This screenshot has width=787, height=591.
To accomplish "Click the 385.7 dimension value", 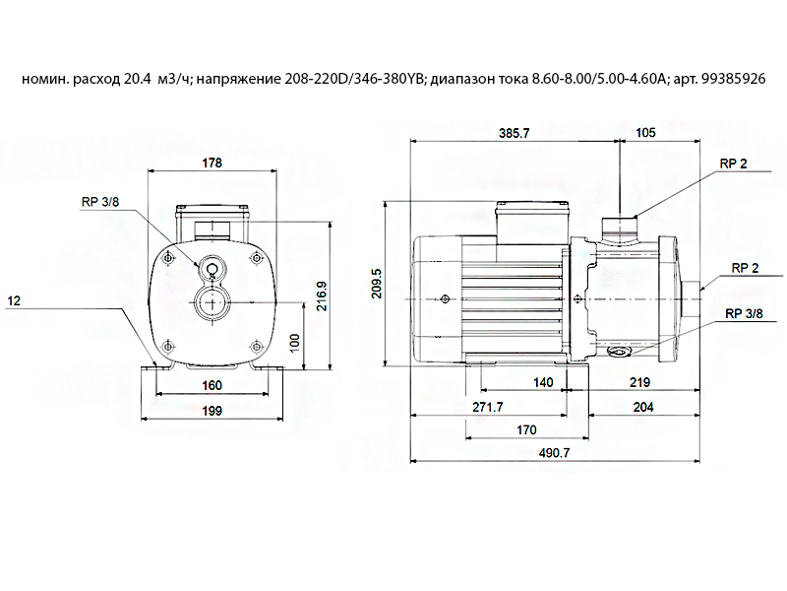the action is pos(514,133).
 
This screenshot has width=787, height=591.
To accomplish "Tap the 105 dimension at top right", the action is pos(645,133).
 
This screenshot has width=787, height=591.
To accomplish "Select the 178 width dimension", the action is pos(212,163).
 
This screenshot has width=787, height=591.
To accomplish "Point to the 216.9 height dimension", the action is pos(322,296).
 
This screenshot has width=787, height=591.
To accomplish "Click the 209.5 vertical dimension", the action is pos(377,284).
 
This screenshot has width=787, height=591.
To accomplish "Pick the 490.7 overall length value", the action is pos(555,453).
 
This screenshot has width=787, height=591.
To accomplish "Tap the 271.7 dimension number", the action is pos(488,407).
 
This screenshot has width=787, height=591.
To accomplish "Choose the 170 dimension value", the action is pos(526,430).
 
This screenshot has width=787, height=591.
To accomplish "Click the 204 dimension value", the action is pos(643,407).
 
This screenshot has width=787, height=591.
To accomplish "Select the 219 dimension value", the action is pos(640,382).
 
